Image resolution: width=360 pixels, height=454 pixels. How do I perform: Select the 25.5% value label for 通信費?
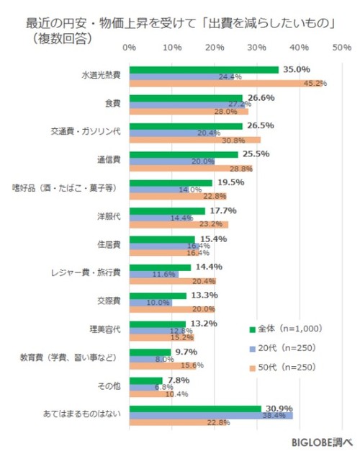pos(256,153)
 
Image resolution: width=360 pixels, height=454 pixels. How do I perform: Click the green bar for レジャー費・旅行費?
pos(160,267)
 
